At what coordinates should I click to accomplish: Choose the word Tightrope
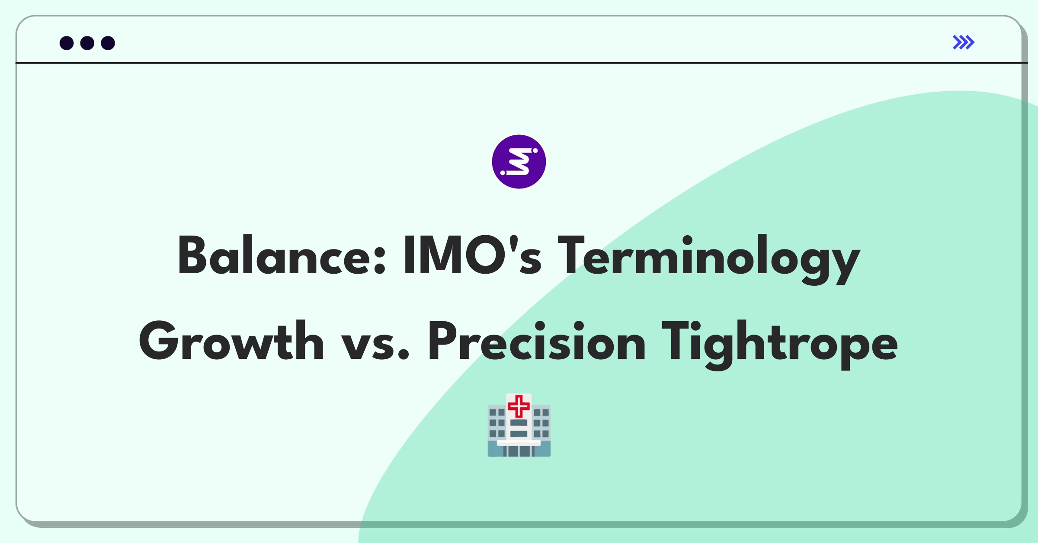[780, 345]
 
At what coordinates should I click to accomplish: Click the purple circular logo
[519, 162]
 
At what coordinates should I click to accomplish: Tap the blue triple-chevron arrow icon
[964, 42]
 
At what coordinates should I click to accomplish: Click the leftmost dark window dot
[67, 43]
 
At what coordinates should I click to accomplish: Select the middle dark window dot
[87, 43]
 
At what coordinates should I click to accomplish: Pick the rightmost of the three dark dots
[108, 43]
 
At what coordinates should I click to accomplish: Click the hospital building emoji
[519, 425]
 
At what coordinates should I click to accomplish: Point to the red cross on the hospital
[519, 406]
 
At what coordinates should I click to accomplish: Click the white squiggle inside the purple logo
[519, 162]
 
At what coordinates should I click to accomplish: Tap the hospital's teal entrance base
[519, 450]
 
